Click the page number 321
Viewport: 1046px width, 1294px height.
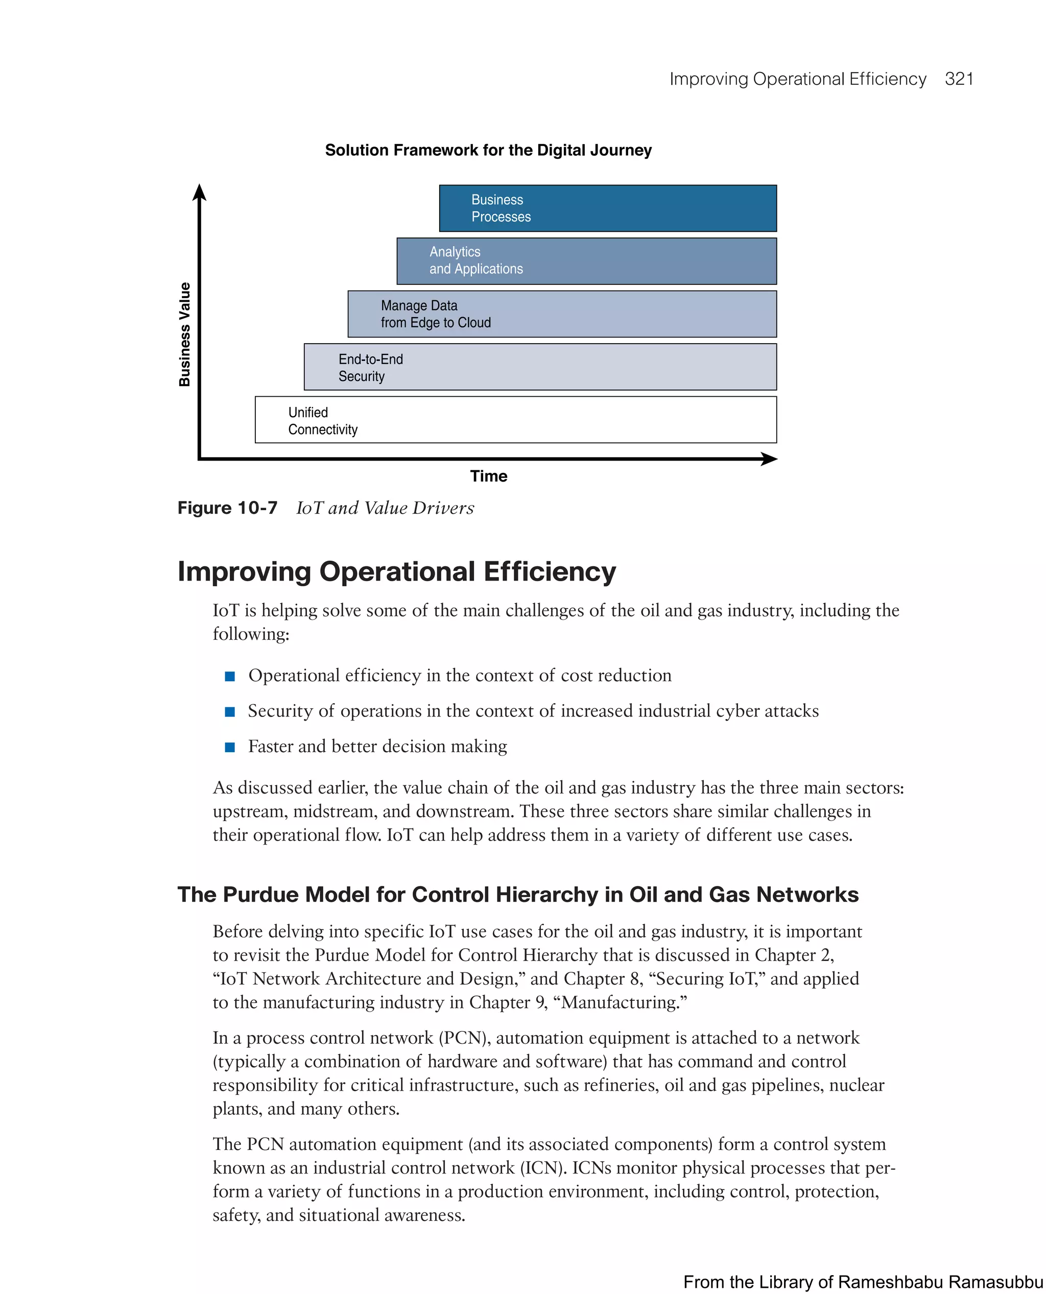[959, 79]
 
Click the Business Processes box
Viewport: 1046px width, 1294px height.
[607, 208]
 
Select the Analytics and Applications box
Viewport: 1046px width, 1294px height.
[586, 261]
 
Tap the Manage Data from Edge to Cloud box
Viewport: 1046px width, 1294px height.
[562, 314]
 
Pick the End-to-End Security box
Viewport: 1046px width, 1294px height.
[540, 367]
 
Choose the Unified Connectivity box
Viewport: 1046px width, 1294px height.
[516, 420]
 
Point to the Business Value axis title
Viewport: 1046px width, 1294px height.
[184, 334]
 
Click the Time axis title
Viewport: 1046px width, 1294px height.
[489, 476]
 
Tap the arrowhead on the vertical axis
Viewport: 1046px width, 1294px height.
[199, 193]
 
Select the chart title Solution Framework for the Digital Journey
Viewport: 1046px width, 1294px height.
[488, 150]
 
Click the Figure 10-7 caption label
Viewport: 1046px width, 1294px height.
[227, 508]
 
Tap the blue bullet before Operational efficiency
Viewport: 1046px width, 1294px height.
[229, 676]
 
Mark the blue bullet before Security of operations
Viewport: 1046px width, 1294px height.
[229, 711]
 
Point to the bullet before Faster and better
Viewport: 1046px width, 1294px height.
[229, 747]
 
